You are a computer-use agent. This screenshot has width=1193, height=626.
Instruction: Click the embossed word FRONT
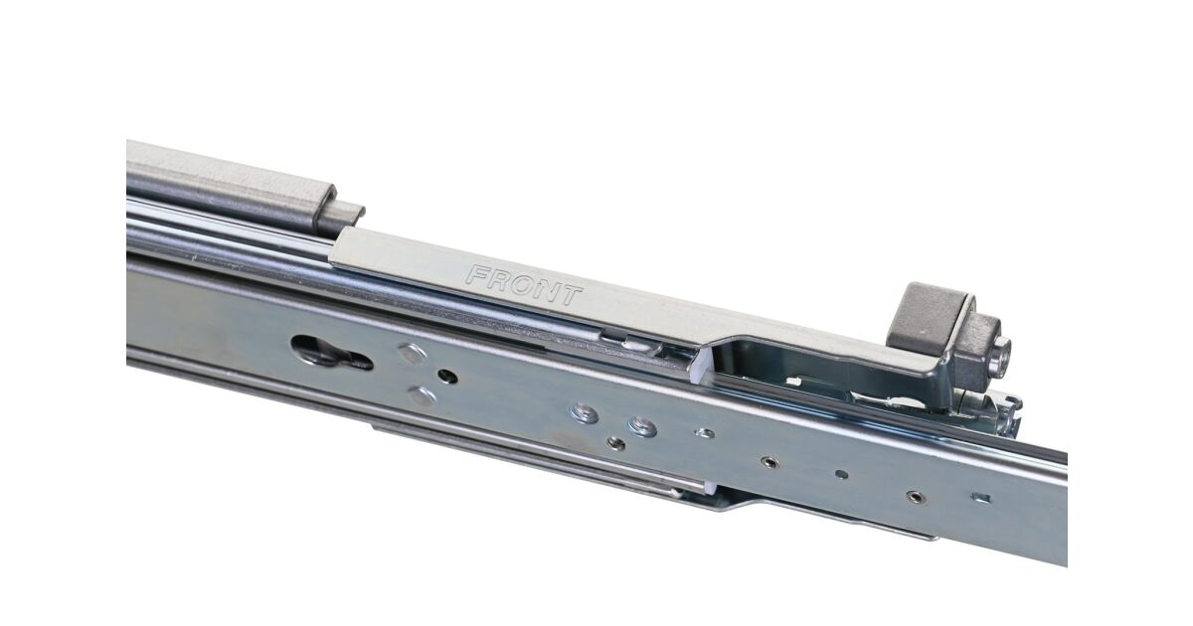tap(524, 286)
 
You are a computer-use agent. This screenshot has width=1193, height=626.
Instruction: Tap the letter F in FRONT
tap(476, 274)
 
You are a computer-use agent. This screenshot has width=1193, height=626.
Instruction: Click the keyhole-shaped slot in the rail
tap(331, 353)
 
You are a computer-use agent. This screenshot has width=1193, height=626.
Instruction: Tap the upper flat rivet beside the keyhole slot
tap(412, 353)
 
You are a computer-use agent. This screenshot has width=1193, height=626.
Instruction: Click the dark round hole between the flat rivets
tap(447, 377)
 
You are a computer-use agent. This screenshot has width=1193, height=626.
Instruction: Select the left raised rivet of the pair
tap(584, 412)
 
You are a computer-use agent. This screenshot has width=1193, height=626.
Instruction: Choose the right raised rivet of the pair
tap(642, 426)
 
